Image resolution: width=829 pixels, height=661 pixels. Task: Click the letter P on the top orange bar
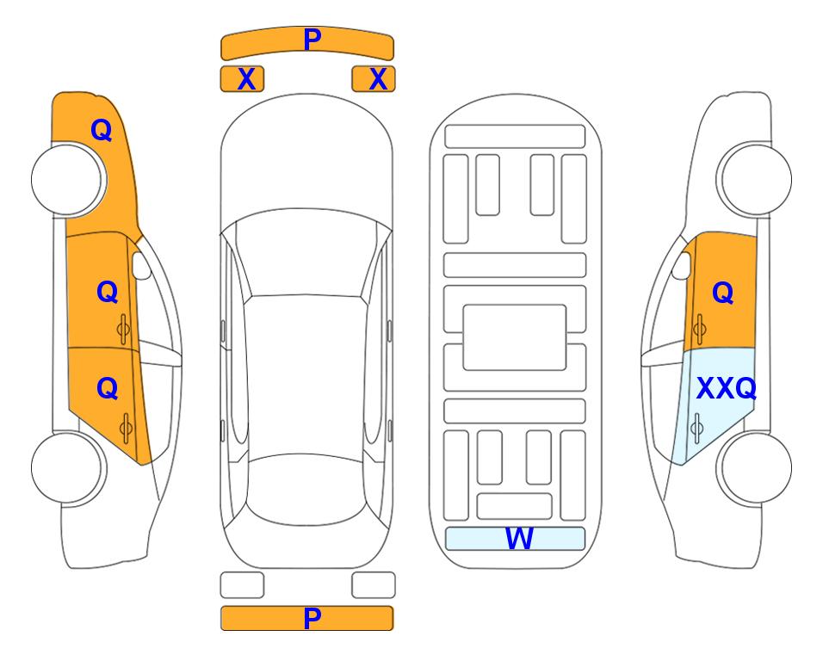[x=312, y=40]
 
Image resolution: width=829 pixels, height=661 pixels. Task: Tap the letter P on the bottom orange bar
[x=312, y=618]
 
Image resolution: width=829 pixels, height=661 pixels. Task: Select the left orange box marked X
[x=242, y=79]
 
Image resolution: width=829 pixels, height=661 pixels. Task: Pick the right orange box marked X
[x=374, y=79]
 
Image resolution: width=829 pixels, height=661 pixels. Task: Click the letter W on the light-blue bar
[x=519, y=539]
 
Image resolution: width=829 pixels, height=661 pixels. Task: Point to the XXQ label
[x=727, y=389]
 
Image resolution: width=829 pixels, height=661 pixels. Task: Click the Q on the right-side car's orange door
[x=723, y=293]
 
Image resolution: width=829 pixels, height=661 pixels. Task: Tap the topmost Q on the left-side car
[x=102, y=130]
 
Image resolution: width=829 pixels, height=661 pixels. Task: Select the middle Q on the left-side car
[x=108, y=292]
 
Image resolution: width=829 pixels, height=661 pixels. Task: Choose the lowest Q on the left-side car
[x=108, y=389]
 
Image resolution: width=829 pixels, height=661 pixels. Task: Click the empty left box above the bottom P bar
[x=242, y=585]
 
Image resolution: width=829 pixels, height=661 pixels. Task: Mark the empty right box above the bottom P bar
[x=374, y=585]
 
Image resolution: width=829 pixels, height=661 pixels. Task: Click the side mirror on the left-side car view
[x=141, y=265]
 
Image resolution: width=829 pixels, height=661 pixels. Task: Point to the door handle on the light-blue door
[x=696, y=428]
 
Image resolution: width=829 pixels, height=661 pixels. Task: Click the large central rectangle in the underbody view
[x=515, y=337]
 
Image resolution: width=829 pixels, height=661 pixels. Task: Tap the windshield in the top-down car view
[x=306, y=253]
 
